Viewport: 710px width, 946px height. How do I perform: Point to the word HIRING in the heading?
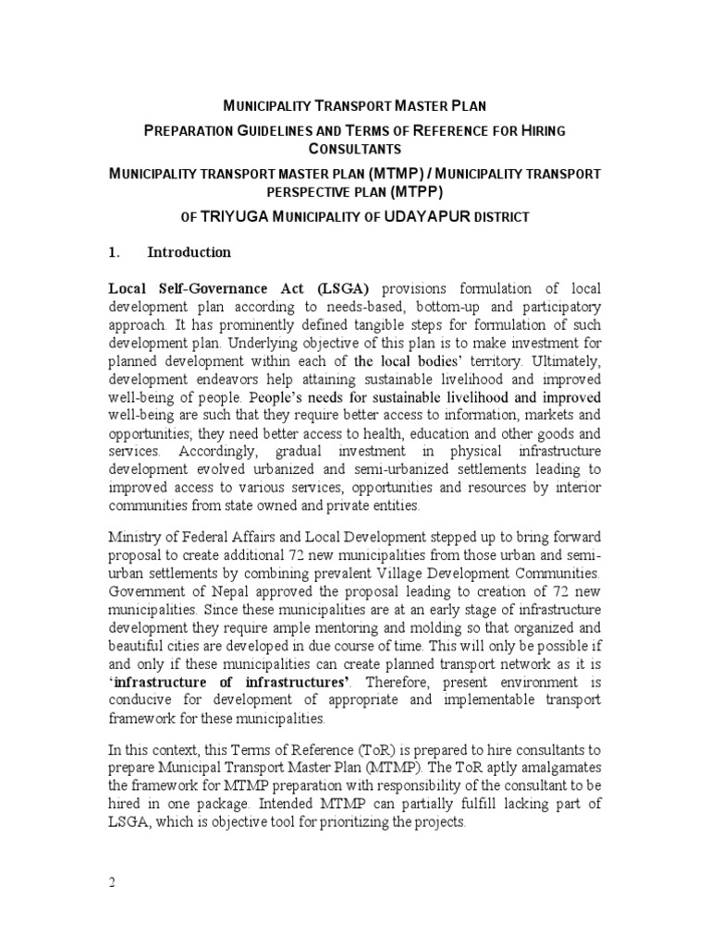pyautogui.click(x=540, y=131)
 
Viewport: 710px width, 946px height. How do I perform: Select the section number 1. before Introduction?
pyautogui.click(x=116, y=252)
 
